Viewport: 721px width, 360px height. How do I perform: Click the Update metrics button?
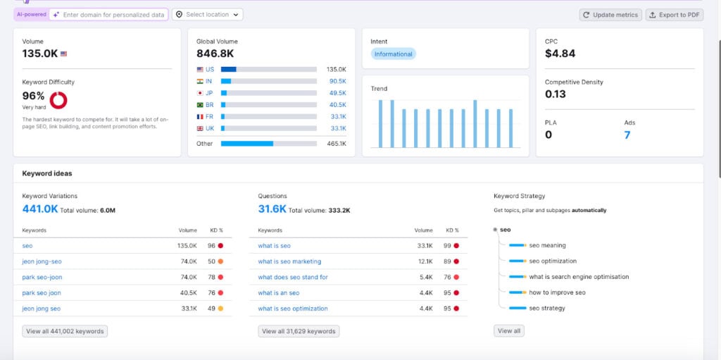coord(610,15)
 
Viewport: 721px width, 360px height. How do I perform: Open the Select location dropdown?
coord(207,14)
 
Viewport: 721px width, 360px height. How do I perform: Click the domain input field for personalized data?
coord(113,14)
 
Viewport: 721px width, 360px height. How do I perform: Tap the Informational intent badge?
coord(393,54)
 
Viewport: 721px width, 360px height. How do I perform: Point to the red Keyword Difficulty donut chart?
coord(58,100)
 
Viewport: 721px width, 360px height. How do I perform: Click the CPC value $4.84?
coord(560,54)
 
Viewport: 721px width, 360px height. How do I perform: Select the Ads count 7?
coord(627,135)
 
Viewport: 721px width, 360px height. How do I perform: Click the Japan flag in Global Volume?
coord(200,93)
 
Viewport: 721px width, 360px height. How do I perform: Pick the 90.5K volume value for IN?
coord(337,81)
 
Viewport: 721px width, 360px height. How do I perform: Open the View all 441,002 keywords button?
coord(65,331)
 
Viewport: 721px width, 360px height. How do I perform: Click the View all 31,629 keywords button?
coord(299,331)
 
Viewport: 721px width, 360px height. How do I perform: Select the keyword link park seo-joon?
coord(42,277)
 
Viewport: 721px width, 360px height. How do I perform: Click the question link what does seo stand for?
coord(293,277)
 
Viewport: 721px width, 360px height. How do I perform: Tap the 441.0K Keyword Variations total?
coord(40,209)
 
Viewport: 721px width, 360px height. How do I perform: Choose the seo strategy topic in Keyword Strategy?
coord(546,308)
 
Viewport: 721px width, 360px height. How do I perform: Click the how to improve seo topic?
coord(557,292)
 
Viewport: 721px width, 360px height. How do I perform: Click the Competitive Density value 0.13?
coord(555,94)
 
